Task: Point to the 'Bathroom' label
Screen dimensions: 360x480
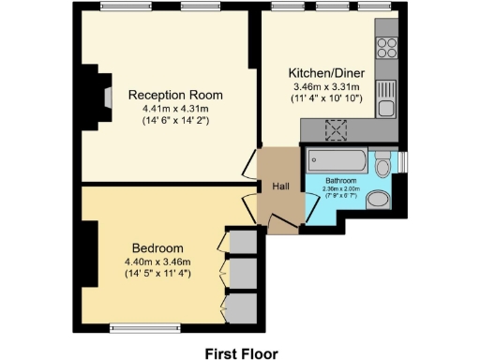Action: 340,180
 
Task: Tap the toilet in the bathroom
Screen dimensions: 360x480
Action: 382,166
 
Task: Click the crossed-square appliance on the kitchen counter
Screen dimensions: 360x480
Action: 333,130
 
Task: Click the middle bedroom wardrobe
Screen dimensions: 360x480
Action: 244,272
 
